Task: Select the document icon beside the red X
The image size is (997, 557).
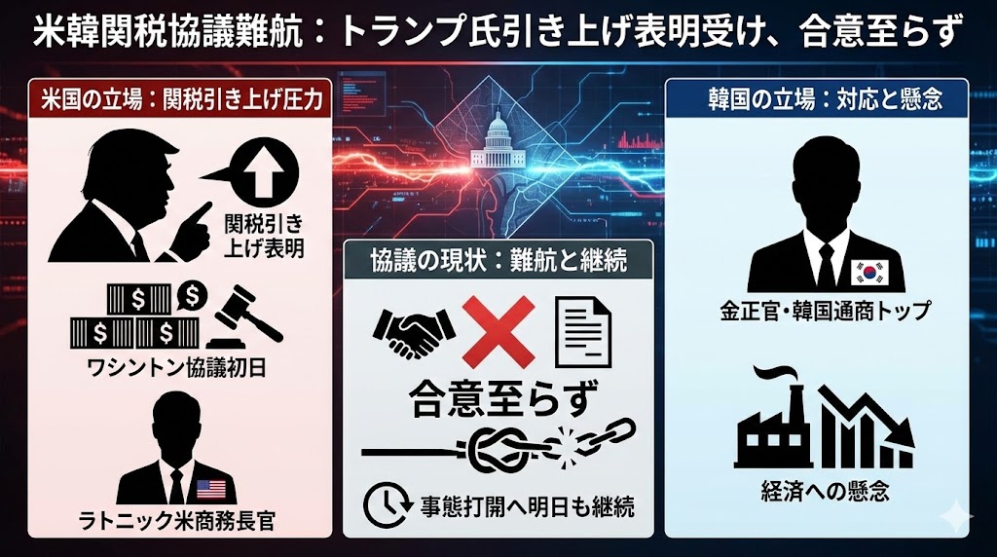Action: click(x=582, y=332)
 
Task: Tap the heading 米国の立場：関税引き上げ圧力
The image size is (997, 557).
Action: click(x=176, y=99)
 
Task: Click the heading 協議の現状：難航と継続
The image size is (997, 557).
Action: click(x=498, y=261)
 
